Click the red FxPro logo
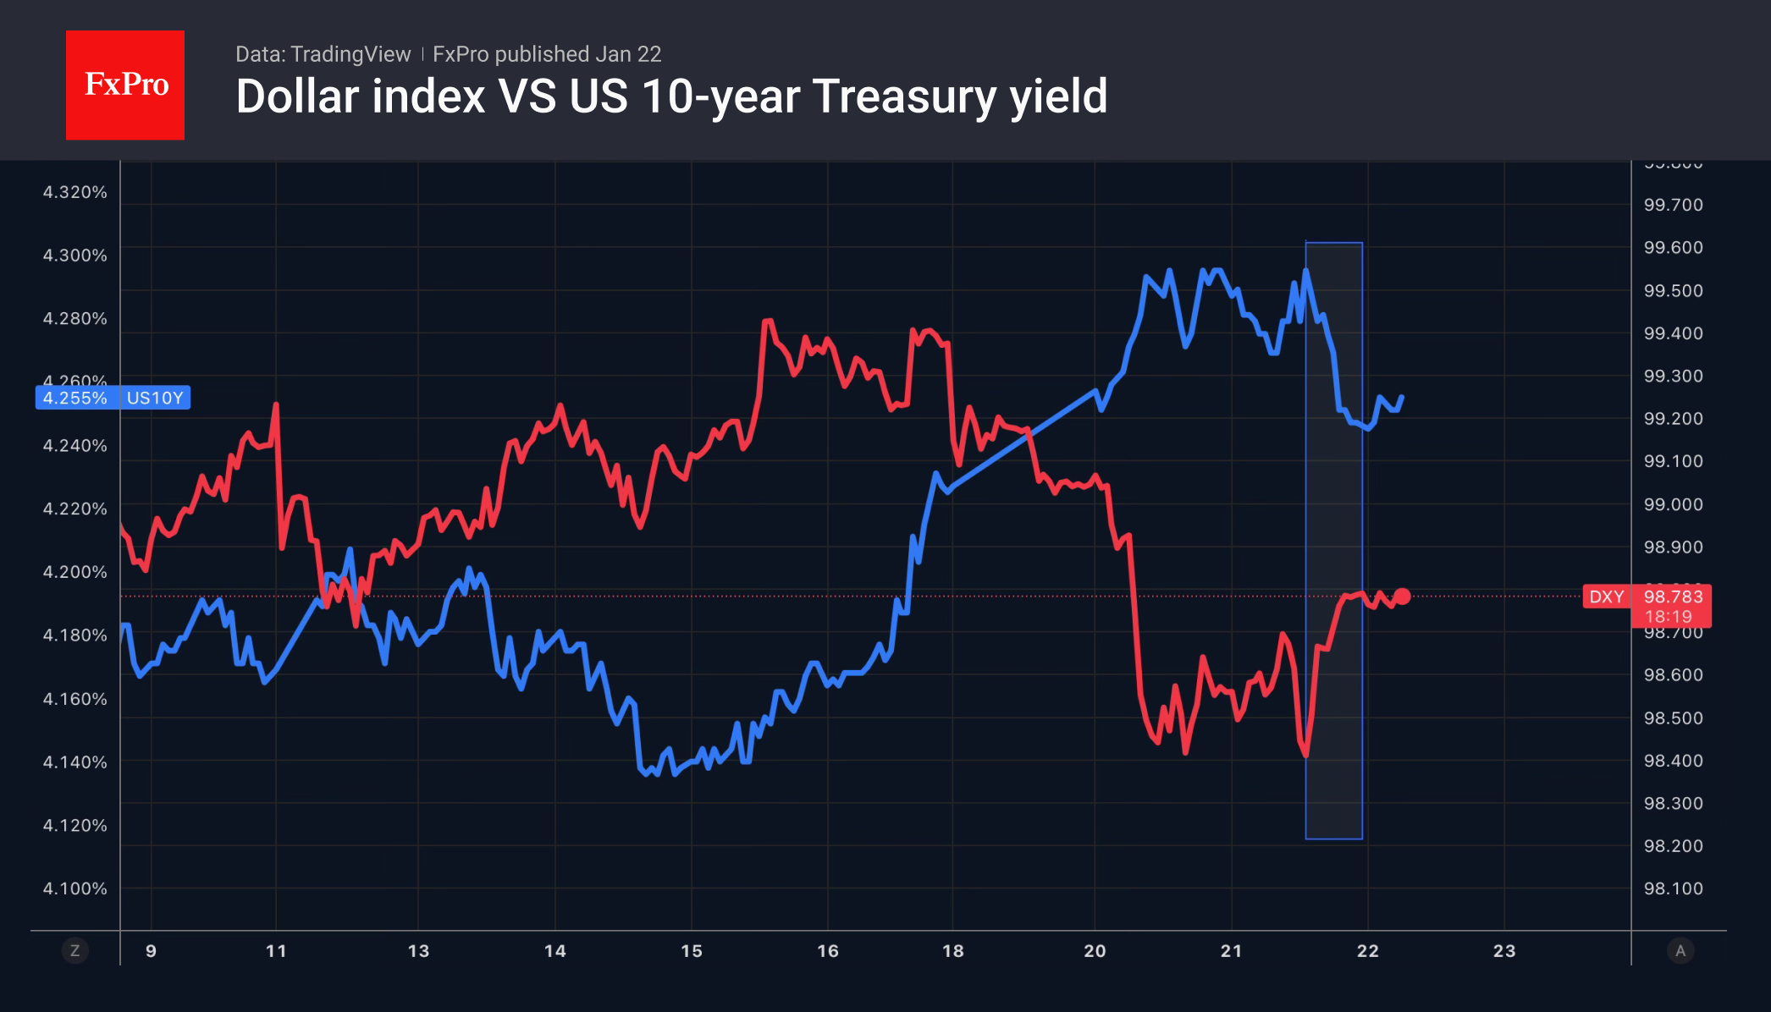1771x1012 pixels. coord(125,85)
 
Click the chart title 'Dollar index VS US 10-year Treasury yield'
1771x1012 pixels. coord(671,96)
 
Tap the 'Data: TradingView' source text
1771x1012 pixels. coord(323,54)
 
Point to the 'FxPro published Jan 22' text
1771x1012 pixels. coord(547,54)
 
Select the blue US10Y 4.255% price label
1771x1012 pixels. coord(113,398)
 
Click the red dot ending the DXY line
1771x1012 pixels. coord(1402,597)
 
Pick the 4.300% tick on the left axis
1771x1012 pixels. coord(75,256)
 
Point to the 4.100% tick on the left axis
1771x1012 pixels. coord(75,888)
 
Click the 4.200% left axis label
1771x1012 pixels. coord(75,572)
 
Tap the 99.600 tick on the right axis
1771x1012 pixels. coord(1673,248)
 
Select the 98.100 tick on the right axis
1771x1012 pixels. coord(1673,888)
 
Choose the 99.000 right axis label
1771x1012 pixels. coord(1673,504)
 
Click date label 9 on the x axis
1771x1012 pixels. coord(151,951)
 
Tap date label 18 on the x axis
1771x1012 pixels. coord(953,951)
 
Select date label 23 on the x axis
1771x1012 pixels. coord(1504,951)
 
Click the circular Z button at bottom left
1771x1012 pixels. coord(75,951)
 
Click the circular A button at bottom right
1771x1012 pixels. coord(1680,951)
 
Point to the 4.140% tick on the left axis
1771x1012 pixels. coord(75,762)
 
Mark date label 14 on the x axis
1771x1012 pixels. coord(555,951)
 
